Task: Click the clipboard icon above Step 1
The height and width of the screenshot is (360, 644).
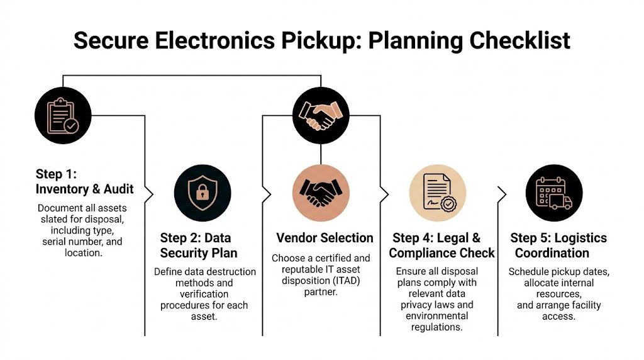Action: tap(63, 115)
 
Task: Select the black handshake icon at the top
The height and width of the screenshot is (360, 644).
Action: tap(321, 115)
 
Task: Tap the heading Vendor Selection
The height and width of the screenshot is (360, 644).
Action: tap(325, 238)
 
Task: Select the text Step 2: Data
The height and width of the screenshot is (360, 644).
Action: tap(196, 238)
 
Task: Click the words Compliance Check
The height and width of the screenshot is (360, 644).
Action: tap(441, 253)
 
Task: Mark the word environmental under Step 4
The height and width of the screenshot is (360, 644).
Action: tap(437, 316)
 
